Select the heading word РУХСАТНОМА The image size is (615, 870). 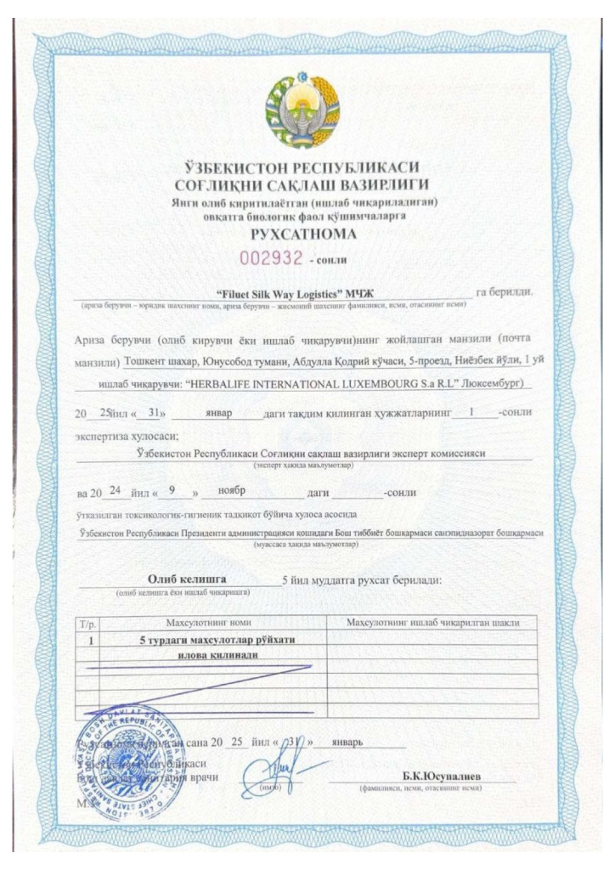(x=307, y=234)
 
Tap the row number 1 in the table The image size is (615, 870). (x=91, y=639)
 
